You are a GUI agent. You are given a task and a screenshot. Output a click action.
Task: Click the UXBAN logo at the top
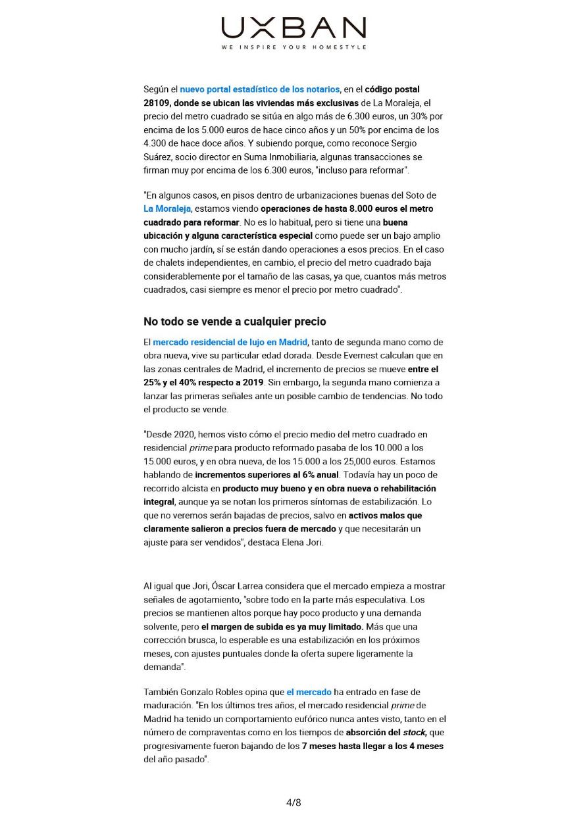point(293,28)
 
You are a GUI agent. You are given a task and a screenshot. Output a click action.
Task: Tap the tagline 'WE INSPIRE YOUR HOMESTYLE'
point(293,47)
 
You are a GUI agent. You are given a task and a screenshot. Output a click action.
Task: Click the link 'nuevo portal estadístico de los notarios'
point(260,89)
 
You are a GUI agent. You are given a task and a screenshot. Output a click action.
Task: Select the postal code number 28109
point(157,103)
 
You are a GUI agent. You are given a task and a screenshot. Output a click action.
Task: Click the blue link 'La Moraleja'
point(167,208)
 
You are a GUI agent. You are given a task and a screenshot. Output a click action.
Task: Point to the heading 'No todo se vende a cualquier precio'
point(235,322)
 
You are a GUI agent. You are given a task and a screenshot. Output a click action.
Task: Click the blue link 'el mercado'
point(309,692)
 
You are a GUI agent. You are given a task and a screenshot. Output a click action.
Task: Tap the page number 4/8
point(293,802)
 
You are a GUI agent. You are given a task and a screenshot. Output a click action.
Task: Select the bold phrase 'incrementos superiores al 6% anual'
point(267,474)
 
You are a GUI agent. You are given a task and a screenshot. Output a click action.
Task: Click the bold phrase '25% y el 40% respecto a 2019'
point(203,382)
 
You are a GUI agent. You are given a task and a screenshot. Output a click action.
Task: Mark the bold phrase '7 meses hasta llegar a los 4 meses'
point(372,746)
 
